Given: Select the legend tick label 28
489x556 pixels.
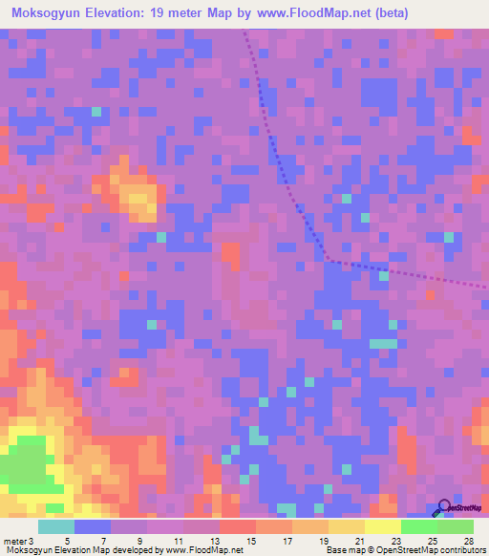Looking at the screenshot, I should pos(468,540).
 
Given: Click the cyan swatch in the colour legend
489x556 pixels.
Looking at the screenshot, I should pos(56,525).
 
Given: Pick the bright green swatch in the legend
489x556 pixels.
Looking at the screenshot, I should pos(418,525).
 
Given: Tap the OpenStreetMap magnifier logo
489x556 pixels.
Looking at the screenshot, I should pos(442,507).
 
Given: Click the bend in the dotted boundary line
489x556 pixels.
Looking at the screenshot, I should pos(329,258).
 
